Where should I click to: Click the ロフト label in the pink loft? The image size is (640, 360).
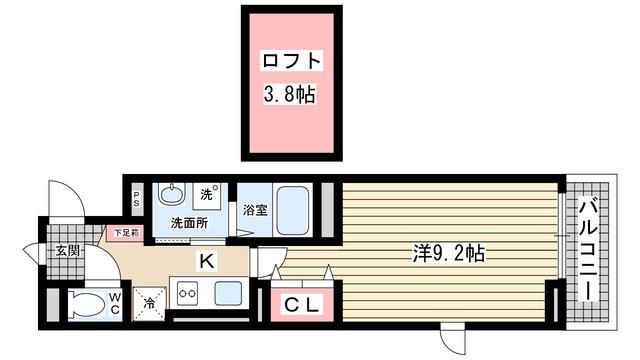click(291, 62)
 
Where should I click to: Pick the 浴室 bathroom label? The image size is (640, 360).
click(255, 211)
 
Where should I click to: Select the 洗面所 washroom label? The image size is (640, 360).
click(188, 223)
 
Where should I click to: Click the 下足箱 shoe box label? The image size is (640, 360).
click(126, 234)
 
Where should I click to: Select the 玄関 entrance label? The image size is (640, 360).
click(67, 250)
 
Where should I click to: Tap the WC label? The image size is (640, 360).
click(115, 302)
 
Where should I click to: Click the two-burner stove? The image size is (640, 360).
click(190, 294)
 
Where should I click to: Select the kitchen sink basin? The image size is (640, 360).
click(227, 294)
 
